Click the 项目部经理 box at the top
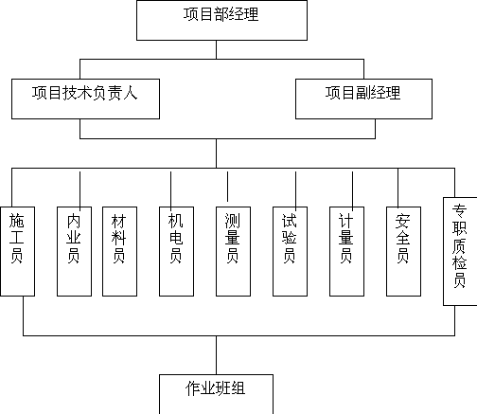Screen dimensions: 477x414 point(221,20)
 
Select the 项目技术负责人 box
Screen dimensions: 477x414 point(85,99)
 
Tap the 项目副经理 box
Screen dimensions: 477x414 point(363,99)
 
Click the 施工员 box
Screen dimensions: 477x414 point(17,251)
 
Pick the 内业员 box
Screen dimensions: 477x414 point(74,251)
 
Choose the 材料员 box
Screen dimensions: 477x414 point(119,251)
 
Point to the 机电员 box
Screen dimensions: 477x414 point(176,251)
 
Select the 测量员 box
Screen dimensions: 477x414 point(233,251)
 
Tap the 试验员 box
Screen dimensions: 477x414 point(290,251)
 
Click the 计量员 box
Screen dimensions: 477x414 point(346,251)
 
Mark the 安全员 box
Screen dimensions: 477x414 point(403,251)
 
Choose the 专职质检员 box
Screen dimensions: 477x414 point(460,251)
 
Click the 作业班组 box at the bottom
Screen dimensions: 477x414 point(216,394)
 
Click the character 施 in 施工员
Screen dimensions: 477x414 point(16,221)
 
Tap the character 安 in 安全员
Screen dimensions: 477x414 point(403,221)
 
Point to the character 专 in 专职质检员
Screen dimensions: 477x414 point(459,211)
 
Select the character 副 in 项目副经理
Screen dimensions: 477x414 point(363,93)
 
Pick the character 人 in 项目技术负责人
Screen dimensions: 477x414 point(131,93)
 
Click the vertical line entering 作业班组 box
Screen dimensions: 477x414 point(216,355)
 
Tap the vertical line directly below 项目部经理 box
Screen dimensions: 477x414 point(216,49)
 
